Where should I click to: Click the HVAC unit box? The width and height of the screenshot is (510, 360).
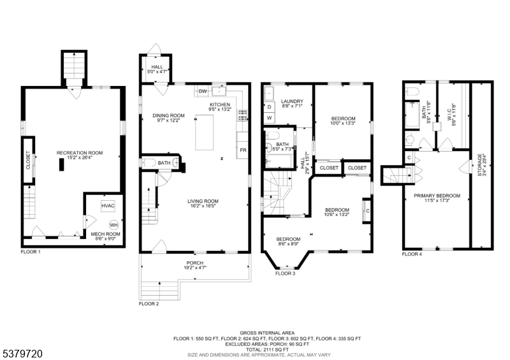[108, 206]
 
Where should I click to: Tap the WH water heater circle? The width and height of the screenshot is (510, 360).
[114, 225]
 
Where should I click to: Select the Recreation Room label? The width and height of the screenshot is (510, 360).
[80, 153]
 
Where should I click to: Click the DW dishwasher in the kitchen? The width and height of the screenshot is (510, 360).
[203, 91]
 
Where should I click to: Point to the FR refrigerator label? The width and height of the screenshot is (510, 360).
[243, 150]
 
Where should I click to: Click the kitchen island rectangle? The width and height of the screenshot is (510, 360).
[204, 133]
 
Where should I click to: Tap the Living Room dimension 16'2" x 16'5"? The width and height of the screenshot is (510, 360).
[203, 206]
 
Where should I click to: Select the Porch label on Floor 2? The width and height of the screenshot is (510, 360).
[195, 263]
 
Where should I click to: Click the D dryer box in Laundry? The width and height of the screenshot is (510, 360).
[269, 106]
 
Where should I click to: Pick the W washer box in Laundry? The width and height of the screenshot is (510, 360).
[269, 118]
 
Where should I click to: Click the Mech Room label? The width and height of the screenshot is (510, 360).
[105, 234]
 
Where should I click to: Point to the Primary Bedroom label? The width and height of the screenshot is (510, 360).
[437, 196]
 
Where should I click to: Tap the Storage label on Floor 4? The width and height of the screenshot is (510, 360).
[480, 165]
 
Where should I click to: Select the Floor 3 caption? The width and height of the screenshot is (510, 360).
[285, 273]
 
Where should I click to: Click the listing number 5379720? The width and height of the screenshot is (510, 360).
[23, 354]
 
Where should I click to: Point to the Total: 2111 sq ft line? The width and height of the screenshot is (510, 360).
[267, 349]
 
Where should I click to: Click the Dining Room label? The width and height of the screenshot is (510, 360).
[168, 115]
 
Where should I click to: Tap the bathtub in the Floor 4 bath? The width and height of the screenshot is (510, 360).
[412, 115]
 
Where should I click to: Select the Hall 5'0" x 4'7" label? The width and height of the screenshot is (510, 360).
[157, 69]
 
